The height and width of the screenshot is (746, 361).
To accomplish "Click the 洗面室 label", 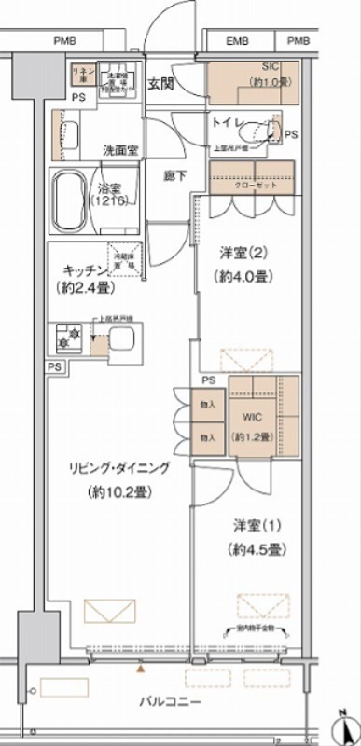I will (121, 150).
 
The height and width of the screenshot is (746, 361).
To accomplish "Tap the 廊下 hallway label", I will (175, 174).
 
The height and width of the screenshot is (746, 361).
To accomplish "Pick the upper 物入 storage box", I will (207, 405).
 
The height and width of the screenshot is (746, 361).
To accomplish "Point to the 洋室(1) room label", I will (251, 524).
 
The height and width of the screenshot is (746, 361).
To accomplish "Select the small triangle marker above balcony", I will (141, 669).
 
